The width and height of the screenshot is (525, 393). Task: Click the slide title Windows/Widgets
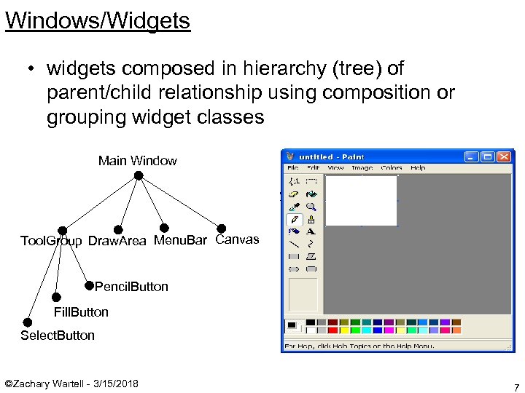[x=98, y=20]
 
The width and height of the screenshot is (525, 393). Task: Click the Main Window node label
[x=137, y=161]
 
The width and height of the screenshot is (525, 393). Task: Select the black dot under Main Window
[x=138, y=176]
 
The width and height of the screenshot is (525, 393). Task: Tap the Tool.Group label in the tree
[x=51, y=241]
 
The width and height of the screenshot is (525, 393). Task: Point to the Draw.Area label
[x=117, y=241]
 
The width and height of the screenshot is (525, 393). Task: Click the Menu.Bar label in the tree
[x=180, y=240]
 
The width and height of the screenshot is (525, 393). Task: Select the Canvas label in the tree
[x=237, y=239]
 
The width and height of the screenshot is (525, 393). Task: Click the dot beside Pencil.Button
[x=89, y=285]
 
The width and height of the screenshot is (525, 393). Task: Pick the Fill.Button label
[x=81, y=312]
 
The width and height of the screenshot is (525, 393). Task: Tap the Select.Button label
[x=58, y=336]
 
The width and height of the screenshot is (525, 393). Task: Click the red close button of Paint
[x=505, y=156]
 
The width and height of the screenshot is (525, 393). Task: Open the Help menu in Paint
[x=418, y=167]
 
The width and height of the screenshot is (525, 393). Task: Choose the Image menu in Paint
[x=362, y=167]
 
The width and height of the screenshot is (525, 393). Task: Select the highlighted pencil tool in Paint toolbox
[x=295, y=218]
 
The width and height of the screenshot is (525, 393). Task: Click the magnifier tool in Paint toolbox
[x=311, y=206]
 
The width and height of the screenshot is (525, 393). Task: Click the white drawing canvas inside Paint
[x=361, y=200]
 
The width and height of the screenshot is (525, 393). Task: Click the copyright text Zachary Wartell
[x=71, y=384]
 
